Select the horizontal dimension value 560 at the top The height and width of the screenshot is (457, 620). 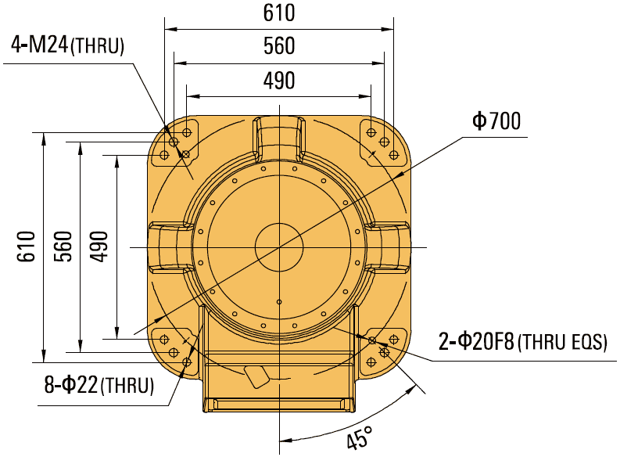(x=278, y=46)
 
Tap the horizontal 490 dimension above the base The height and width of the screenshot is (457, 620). (x=278, y=81)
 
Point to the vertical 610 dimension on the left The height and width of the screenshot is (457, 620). (x=25, y=246)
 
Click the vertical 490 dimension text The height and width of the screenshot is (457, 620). (x=99, y=246)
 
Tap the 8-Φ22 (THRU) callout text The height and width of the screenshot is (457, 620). (x=99, y=385)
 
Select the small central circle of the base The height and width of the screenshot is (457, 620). (x=278, y=246)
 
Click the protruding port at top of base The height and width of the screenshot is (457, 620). (x=278, y=135)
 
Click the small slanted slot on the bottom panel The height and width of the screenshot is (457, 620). (x=254, y=376)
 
